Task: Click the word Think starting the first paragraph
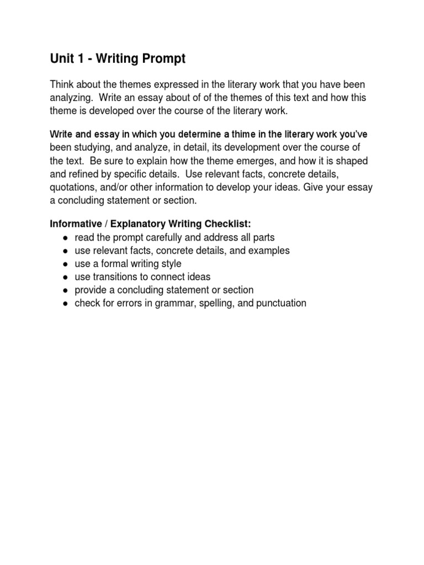click(x=62, y=84)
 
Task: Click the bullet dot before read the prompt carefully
click(x=65, y=238)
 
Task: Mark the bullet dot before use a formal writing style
click(x=65, y=264)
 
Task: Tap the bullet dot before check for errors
click(x=65, y=304)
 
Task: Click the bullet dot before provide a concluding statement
click(x=65, y=291)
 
